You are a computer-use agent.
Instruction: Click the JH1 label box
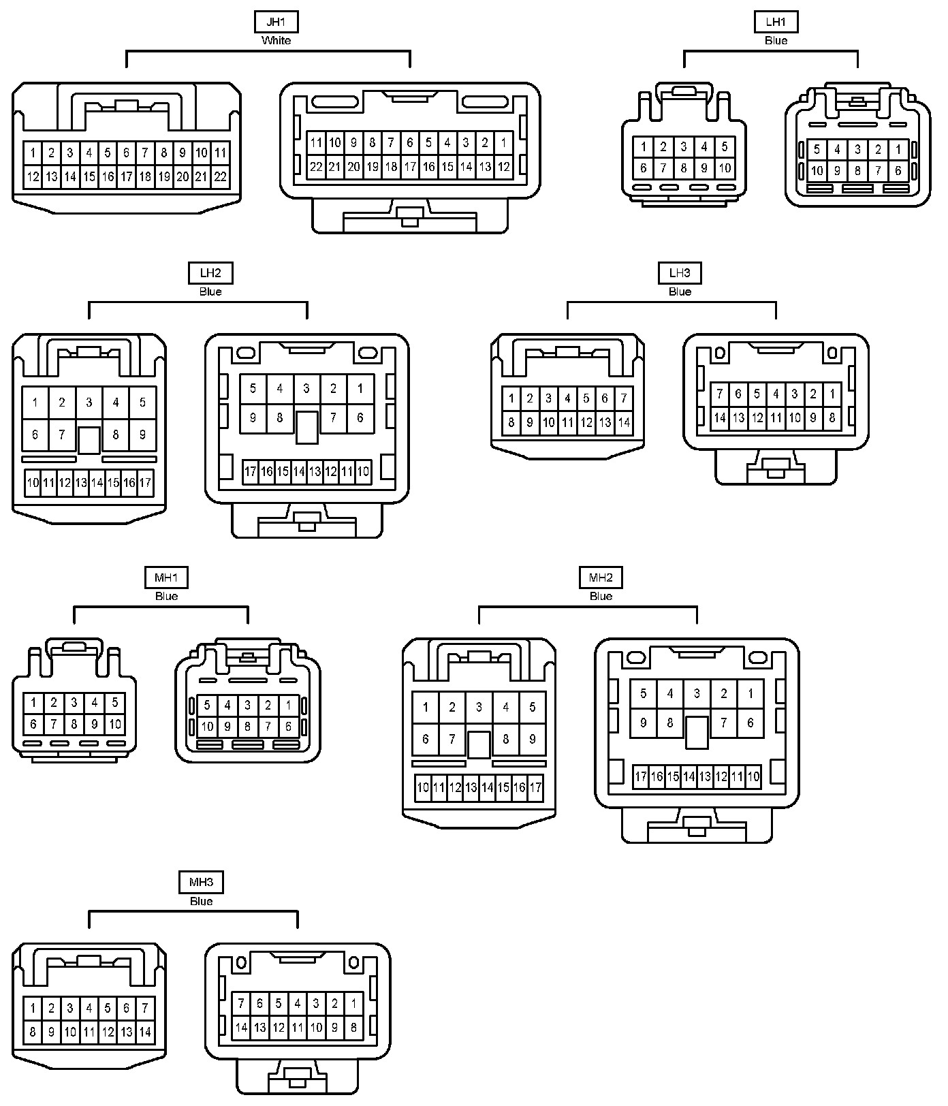(276, 22)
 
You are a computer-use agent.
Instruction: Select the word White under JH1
(276, 41)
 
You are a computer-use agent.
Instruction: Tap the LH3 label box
(680, 273)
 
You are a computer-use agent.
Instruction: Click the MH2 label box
(601, 578)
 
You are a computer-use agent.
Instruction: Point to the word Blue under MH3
(201, 901)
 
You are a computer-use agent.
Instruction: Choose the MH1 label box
(166, 578)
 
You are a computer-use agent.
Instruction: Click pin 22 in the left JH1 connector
(219, 176)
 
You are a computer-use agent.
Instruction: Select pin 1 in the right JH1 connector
(503, 143)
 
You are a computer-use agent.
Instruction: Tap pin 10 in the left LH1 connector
(725, 168)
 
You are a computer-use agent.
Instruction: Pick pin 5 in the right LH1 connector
(817, 150)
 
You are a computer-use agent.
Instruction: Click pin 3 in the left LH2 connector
(89, 402)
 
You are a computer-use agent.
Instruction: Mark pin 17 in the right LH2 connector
(251, 471)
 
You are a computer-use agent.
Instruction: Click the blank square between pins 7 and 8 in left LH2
(89, 440)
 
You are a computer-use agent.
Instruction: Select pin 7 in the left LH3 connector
(623, 398)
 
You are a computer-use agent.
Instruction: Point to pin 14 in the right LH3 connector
(720, 417)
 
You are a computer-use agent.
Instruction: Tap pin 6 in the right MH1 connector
(288, 727)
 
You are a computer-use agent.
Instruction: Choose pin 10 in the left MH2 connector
(423, 788)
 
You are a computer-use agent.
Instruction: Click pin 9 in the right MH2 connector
(644, 723)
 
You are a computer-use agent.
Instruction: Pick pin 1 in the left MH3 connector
(33, 1008)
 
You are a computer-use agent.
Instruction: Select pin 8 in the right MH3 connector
(353, 1027)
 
